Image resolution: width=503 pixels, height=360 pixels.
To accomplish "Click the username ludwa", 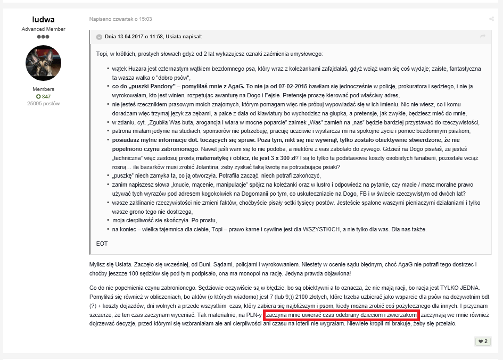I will pos(43,20).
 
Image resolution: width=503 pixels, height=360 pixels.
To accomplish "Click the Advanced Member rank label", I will pos(43,29).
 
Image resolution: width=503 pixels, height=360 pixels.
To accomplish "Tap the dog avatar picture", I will pos(43,63).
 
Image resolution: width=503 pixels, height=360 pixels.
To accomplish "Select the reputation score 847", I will pos(43,96).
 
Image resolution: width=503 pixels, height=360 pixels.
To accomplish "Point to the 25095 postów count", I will pos(43,103).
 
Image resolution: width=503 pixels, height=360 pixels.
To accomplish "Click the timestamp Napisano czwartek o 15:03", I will pos(120,19).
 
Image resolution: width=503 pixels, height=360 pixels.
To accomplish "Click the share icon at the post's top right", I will pos(491,19).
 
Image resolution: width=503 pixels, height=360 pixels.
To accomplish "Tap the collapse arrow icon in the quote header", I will pos(99,37).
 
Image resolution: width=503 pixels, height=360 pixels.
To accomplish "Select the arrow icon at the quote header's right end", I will pos(482,36).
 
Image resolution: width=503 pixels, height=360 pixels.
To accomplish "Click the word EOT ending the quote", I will pos(102,244).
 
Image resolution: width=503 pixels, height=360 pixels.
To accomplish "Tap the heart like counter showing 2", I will pos(483,341).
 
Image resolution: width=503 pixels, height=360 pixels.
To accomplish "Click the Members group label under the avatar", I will pos(43,89).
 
